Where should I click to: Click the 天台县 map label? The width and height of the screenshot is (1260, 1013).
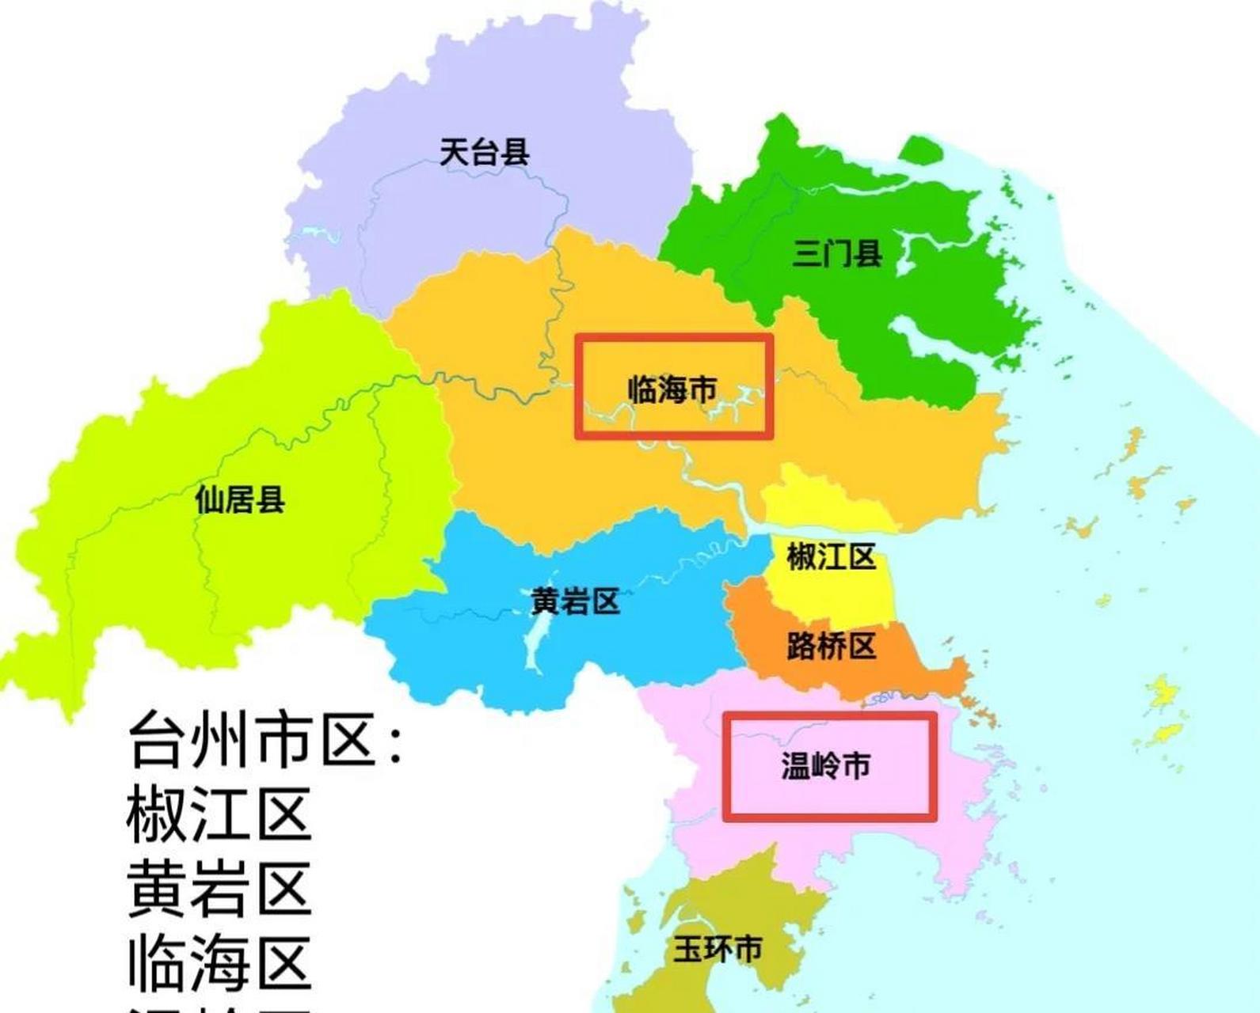click(484, 151)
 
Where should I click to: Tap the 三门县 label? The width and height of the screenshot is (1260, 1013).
click(837, 254)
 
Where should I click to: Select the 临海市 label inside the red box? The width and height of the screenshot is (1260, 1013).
click(672, 389)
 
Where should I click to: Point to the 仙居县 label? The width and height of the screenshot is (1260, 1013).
click(239, 499)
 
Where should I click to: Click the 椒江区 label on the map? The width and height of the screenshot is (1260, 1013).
click(831, 557)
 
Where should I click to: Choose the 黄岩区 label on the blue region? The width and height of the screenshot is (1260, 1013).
click(575, 602)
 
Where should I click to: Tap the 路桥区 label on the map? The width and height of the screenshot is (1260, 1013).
click(831, 647)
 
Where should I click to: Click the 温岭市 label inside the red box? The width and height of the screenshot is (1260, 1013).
click(826, 765)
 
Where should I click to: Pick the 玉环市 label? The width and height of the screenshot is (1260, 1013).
click(718, 948)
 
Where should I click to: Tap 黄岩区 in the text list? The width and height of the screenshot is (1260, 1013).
click(219, 890)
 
